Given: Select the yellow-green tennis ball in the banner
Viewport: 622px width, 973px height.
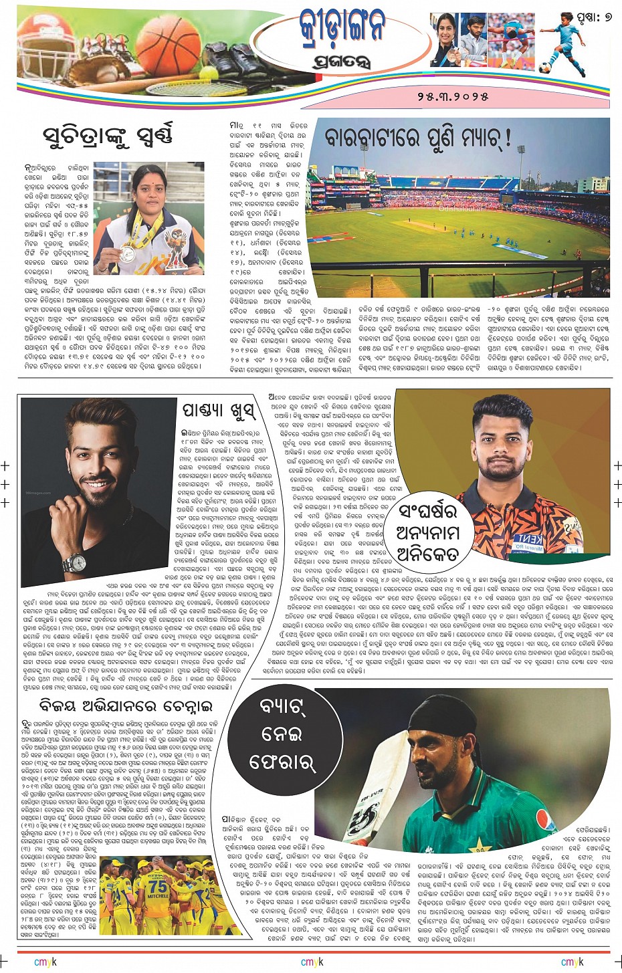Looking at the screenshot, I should pos(211,69).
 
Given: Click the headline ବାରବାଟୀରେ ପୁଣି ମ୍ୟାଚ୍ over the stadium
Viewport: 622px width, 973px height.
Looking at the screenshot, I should pos(419,138).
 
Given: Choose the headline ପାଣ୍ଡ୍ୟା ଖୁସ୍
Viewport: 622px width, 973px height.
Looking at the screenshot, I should pos(218,409).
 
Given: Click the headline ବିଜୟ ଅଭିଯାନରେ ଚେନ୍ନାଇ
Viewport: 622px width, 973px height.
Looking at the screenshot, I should pos(126,706).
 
